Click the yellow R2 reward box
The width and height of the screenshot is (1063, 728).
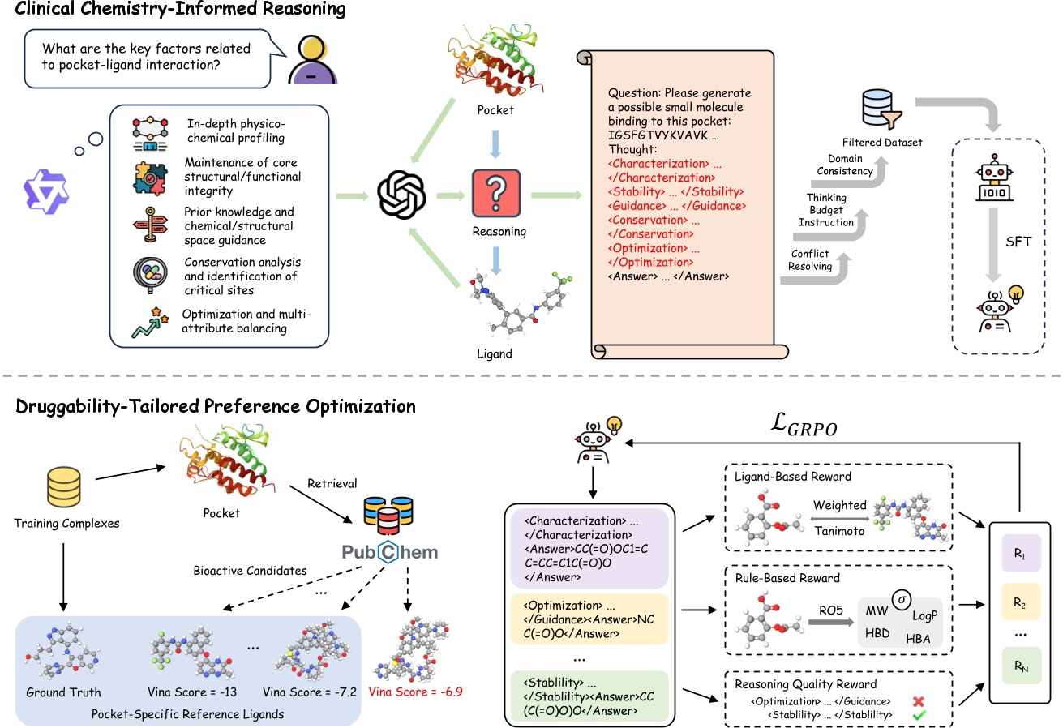[x=1019, y=602]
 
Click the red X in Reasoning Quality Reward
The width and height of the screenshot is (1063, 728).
[x=917, y=700]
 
